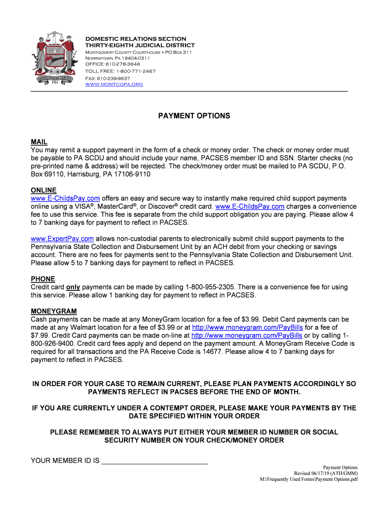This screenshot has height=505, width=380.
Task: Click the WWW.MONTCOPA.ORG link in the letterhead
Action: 114,84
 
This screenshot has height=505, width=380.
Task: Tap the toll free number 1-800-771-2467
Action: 136,71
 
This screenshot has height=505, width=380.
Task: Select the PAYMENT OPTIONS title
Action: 194,116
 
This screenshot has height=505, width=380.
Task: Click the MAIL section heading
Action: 39,142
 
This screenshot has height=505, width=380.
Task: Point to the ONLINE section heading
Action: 43,190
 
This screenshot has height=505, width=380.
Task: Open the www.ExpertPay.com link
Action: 62,239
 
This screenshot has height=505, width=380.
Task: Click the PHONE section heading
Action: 43,279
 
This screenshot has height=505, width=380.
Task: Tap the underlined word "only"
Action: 73,287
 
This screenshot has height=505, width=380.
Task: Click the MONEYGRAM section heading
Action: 54,311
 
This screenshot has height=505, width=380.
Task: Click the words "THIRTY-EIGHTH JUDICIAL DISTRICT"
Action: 140,45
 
